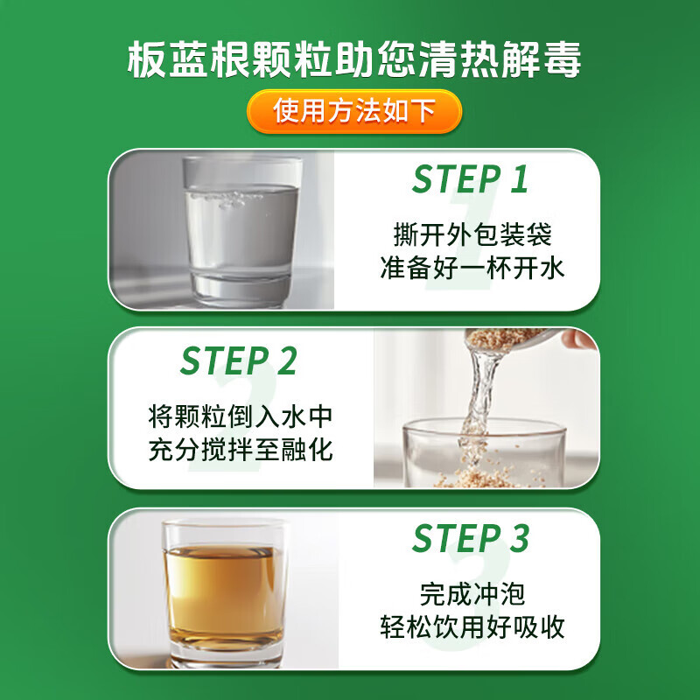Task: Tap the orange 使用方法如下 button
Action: tap(353, 111)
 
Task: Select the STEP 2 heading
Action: tap(238, 360)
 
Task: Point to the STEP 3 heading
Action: tap(470, 539)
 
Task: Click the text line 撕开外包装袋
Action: tap(472, 234)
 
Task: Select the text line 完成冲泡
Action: tap(472, 595)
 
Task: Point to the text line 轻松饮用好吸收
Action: tap(472, 627)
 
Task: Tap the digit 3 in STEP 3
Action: tap(519, 539)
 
